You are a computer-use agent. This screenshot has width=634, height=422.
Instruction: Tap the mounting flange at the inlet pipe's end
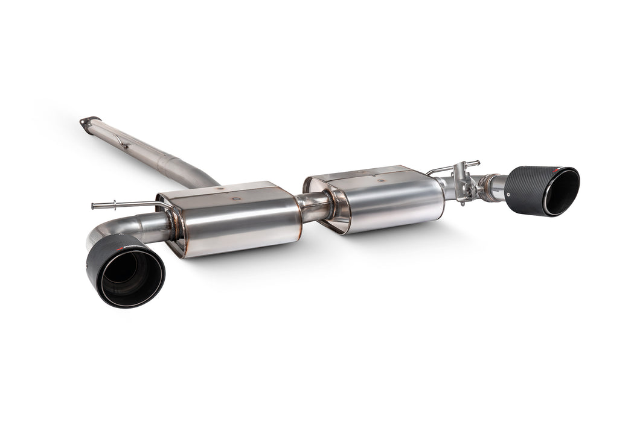88,121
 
